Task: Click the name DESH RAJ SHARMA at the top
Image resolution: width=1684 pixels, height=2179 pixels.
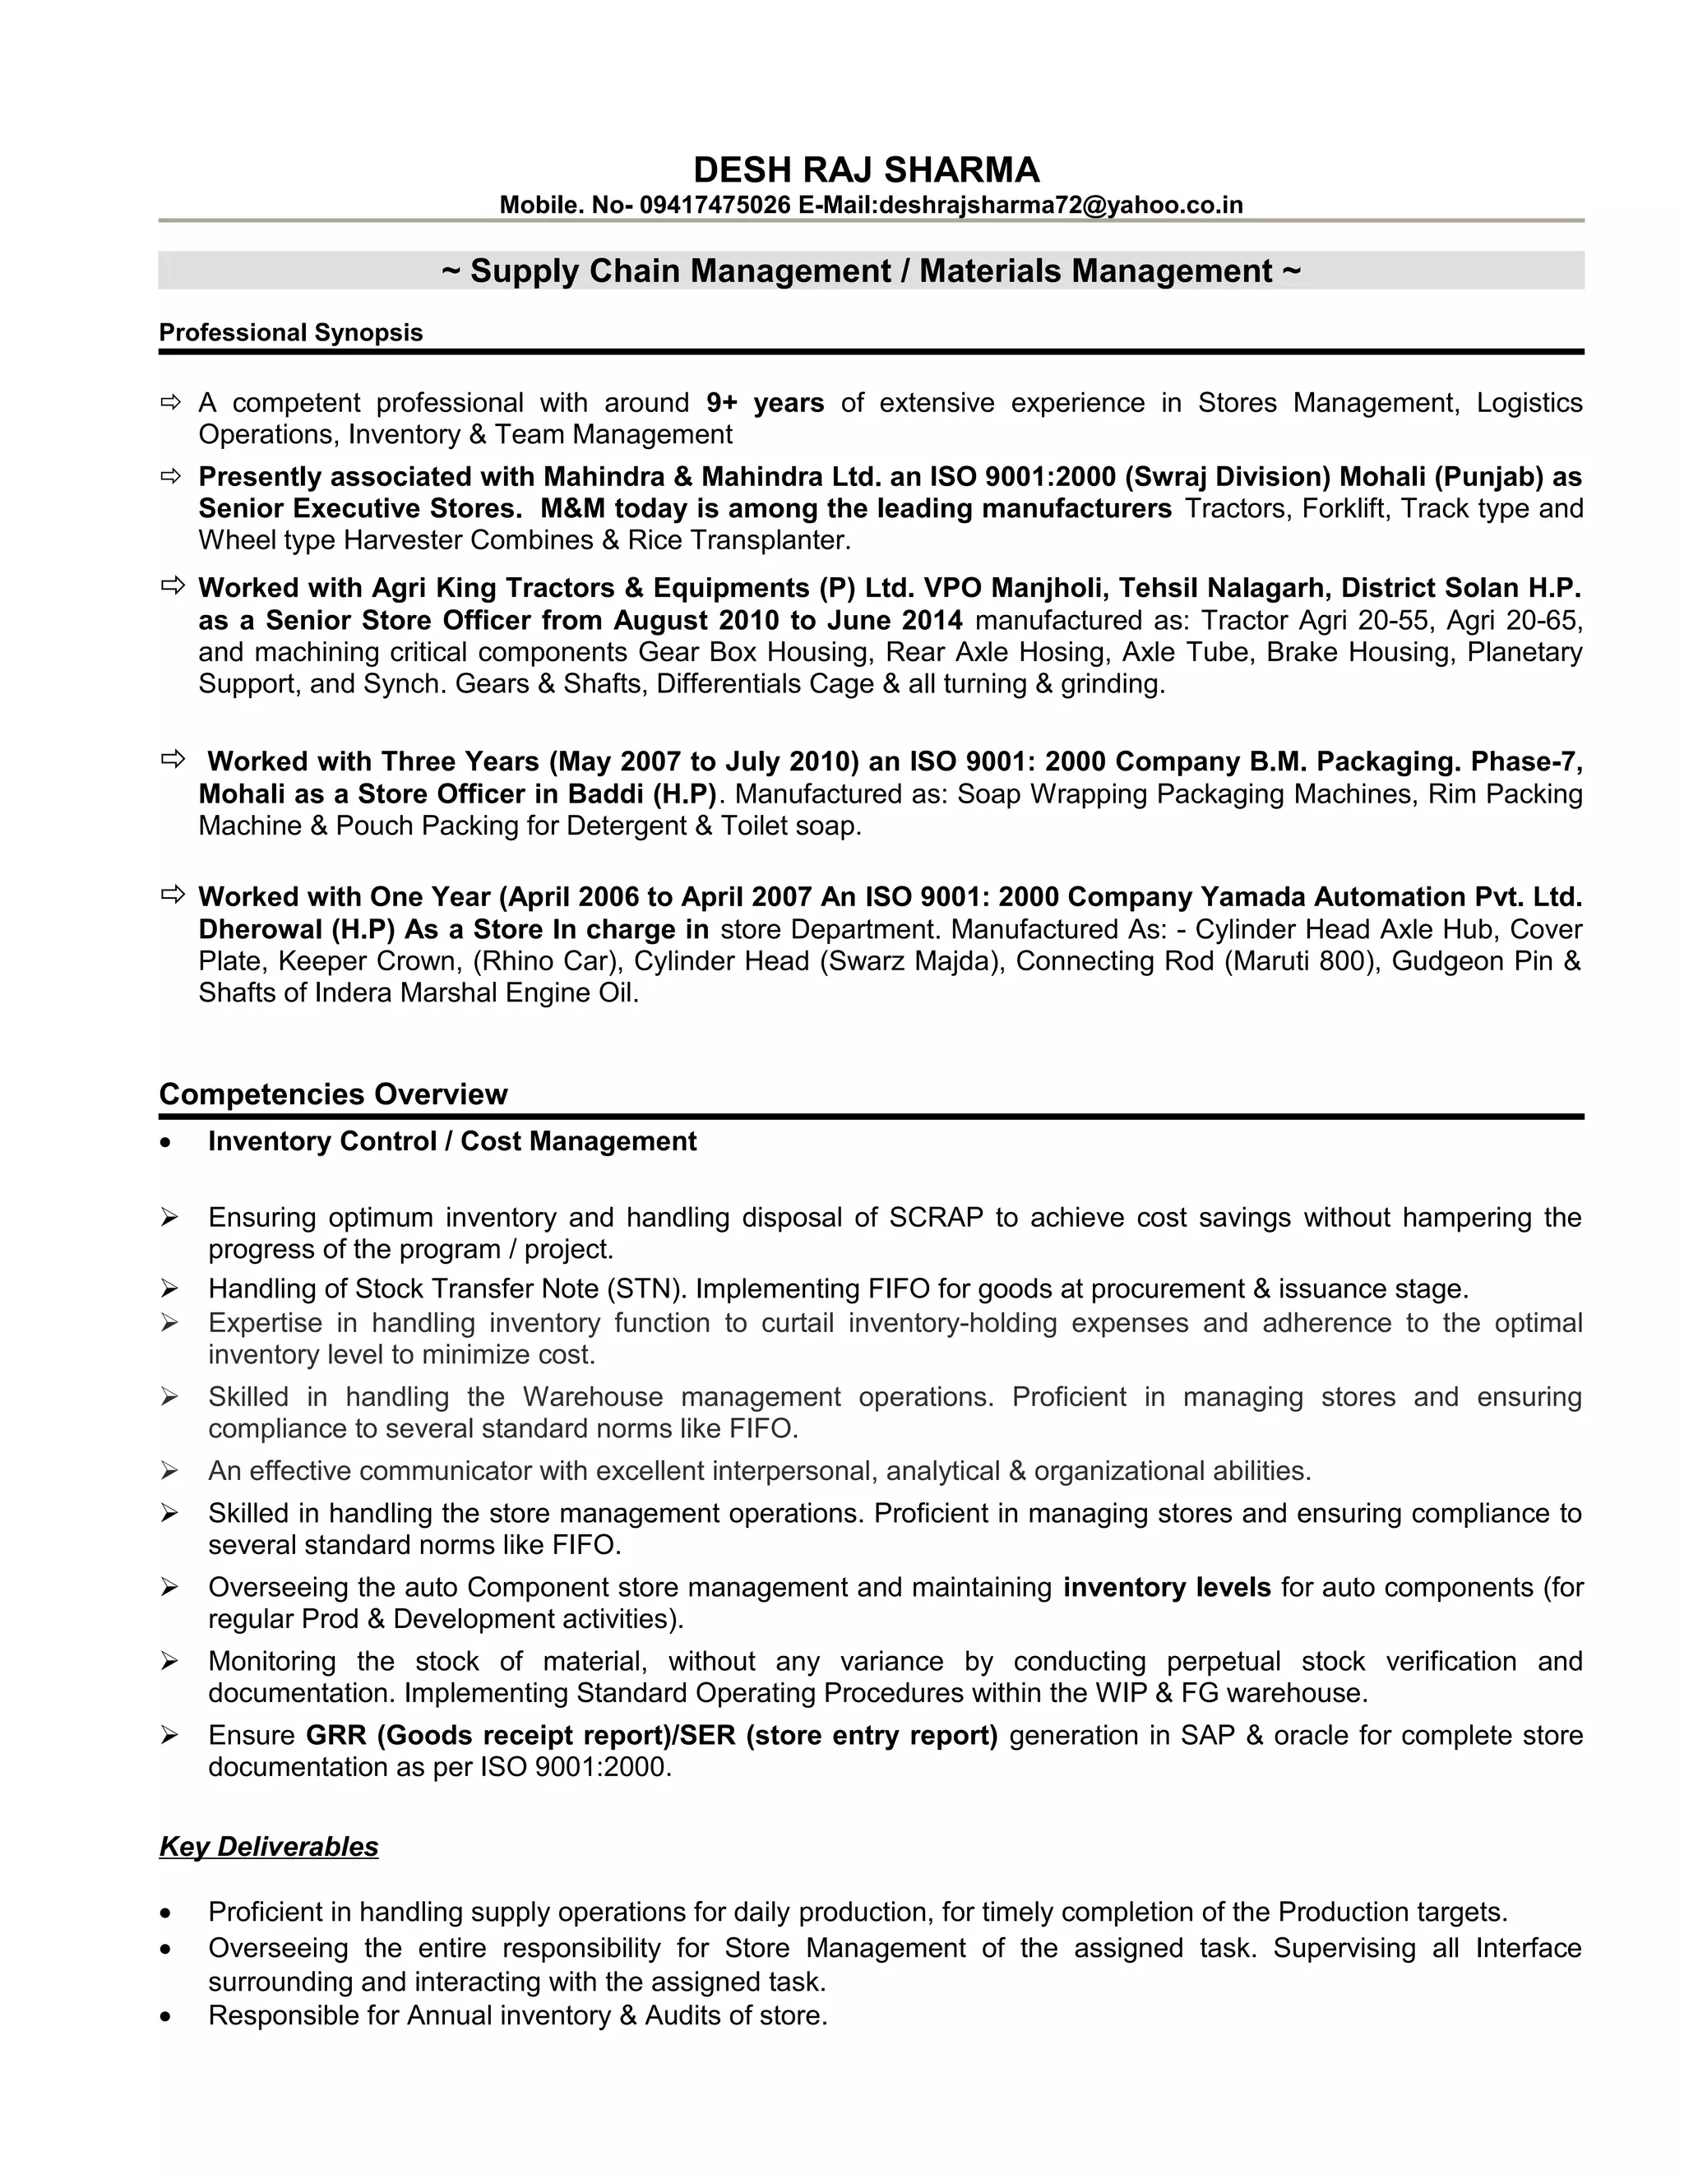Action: pos(866,169)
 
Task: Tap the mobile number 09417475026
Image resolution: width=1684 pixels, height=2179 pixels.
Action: pos(715,206)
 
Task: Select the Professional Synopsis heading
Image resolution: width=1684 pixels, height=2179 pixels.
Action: pos(290,332)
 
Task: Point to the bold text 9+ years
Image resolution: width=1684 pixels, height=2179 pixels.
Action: pos(764,403)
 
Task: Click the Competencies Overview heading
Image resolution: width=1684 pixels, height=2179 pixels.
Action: pos(333,1094)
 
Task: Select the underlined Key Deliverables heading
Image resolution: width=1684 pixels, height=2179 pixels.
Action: pos(268,1846)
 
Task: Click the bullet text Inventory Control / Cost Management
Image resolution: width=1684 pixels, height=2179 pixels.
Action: pos(452,1141)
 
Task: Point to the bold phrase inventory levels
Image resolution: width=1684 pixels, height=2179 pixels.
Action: pos(1166,1587)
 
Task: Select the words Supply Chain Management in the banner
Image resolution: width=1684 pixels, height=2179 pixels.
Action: pos(680,271)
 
